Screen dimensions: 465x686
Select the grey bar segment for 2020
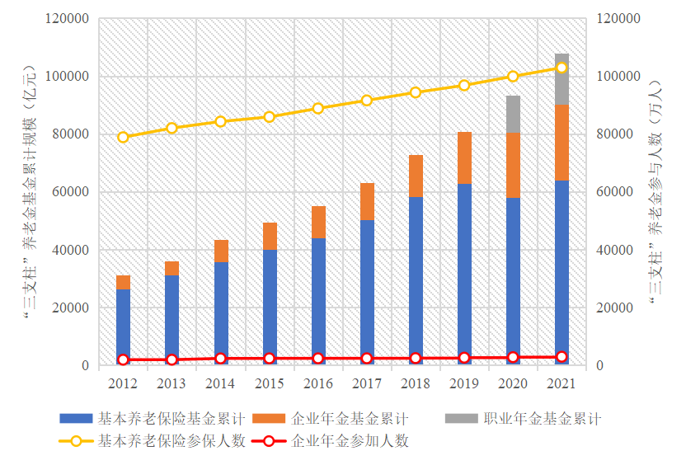[x=513, y=114]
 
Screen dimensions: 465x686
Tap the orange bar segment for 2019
[x=464, y=157]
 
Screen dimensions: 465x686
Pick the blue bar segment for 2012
[x=123, y=326]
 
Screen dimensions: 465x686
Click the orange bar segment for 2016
[x=318, y=222]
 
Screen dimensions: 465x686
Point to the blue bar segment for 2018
[x=416, y=280]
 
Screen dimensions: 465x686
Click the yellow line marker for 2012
[x=123, y=137]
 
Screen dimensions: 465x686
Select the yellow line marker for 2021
[x=561, y=68]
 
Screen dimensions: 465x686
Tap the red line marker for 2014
[x=220, y=359]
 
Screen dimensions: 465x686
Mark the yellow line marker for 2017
[x=367, y=101]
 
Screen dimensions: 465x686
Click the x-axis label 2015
[x=269, y=383]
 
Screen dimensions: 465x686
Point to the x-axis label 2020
[x=513, y=383]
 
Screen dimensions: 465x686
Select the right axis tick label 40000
[x=613, y=250]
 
